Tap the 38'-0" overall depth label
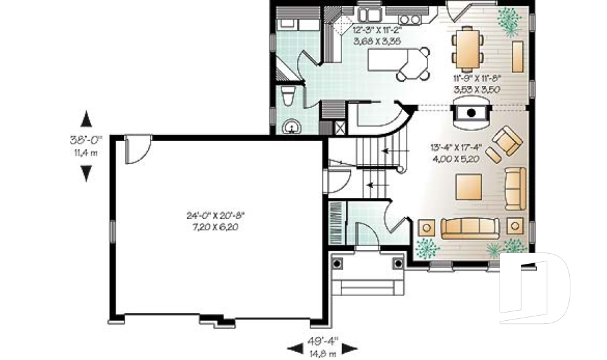pyautogui.click(x=86, y=140)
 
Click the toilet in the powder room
pyautogui.click(x=288, y=97)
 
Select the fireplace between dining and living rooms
pyautogui.click(x=471, y=115)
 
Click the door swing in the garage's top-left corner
pyautogui.click(x=137, y=150)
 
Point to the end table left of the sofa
pyautogui.click(x=427, y=227)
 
